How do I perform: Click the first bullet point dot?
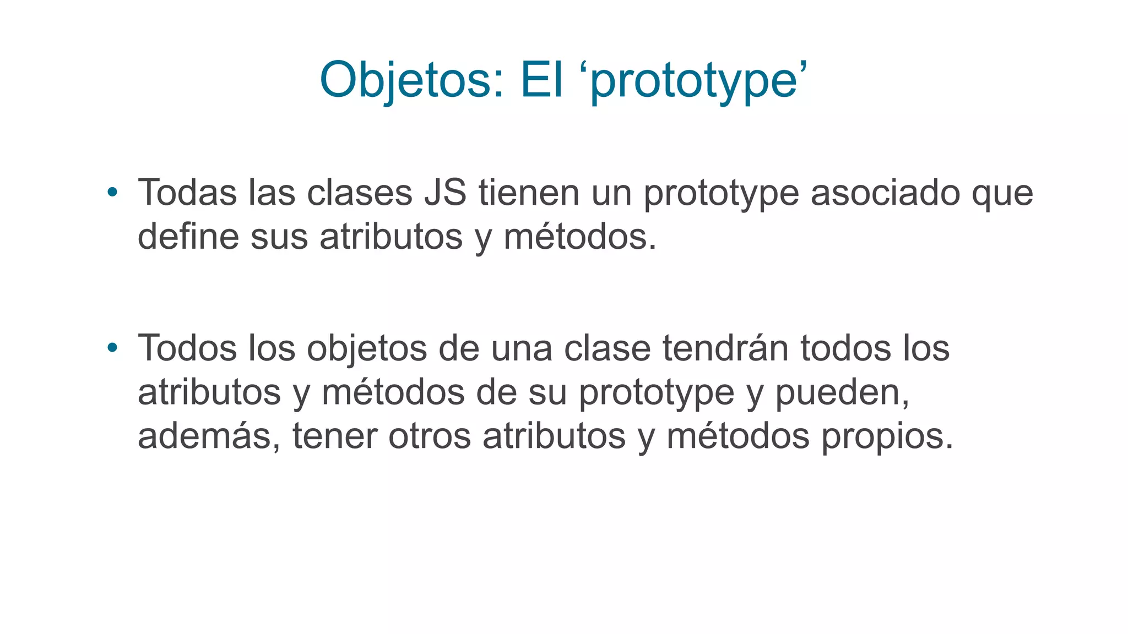[112, 192]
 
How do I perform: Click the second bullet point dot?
[112, 347]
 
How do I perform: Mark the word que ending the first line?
[1002, 194]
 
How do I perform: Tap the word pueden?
[842, 393]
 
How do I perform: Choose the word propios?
[887, 437]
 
